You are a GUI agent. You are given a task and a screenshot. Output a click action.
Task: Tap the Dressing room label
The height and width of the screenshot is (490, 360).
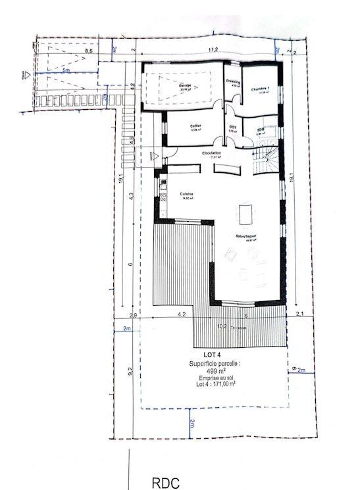click(233, 83)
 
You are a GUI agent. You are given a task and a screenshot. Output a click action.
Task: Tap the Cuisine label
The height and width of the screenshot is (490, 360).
click(186, 193)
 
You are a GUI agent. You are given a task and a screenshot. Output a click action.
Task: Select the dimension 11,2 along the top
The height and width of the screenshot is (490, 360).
click(213, 49)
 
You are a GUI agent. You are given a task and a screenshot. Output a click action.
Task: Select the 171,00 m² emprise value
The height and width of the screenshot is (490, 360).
click(222, 384)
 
